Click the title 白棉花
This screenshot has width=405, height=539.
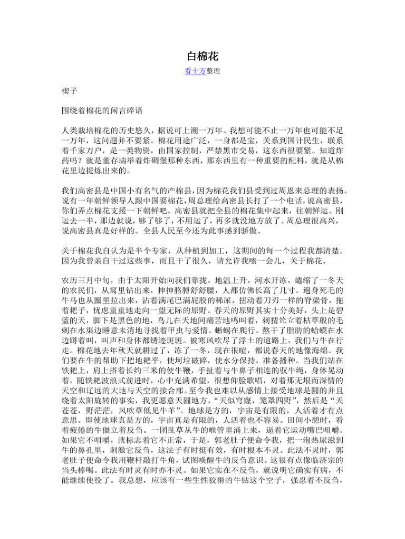(202, 56)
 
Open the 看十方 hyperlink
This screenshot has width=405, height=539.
(195, 71)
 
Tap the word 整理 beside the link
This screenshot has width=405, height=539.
(213, 71)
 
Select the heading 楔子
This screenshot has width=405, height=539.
(69, 91)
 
